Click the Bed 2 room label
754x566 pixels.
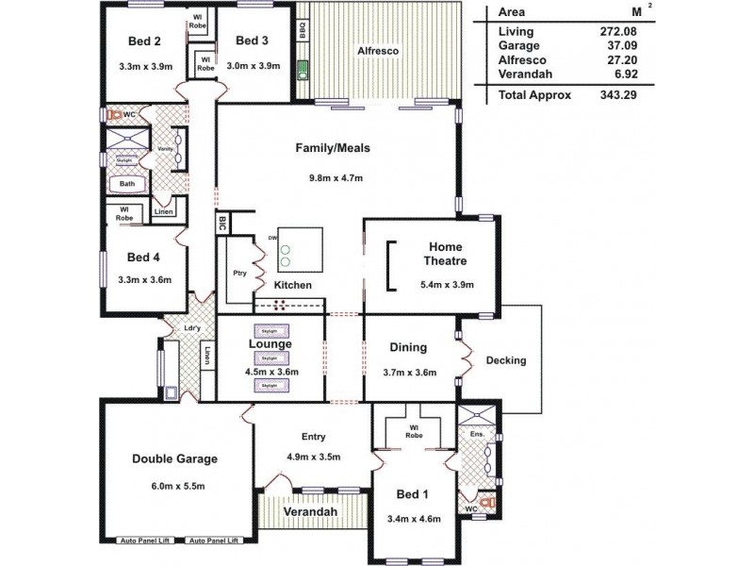tap(145, 41)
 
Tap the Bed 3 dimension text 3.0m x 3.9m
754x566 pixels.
tap(252, 65)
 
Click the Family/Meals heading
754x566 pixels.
tap(333, 148)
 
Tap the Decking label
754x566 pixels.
tap(506, 360)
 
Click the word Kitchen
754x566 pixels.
tap(292, 285)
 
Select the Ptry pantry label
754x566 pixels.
tap(239, 274)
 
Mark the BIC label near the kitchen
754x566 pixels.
tap(222, 225)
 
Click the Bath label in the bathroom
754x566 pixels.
tap(126, 184)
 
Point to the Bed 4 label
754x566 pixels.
tap(144, 258)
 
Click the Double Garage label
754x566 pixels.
tap(174, 459)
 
